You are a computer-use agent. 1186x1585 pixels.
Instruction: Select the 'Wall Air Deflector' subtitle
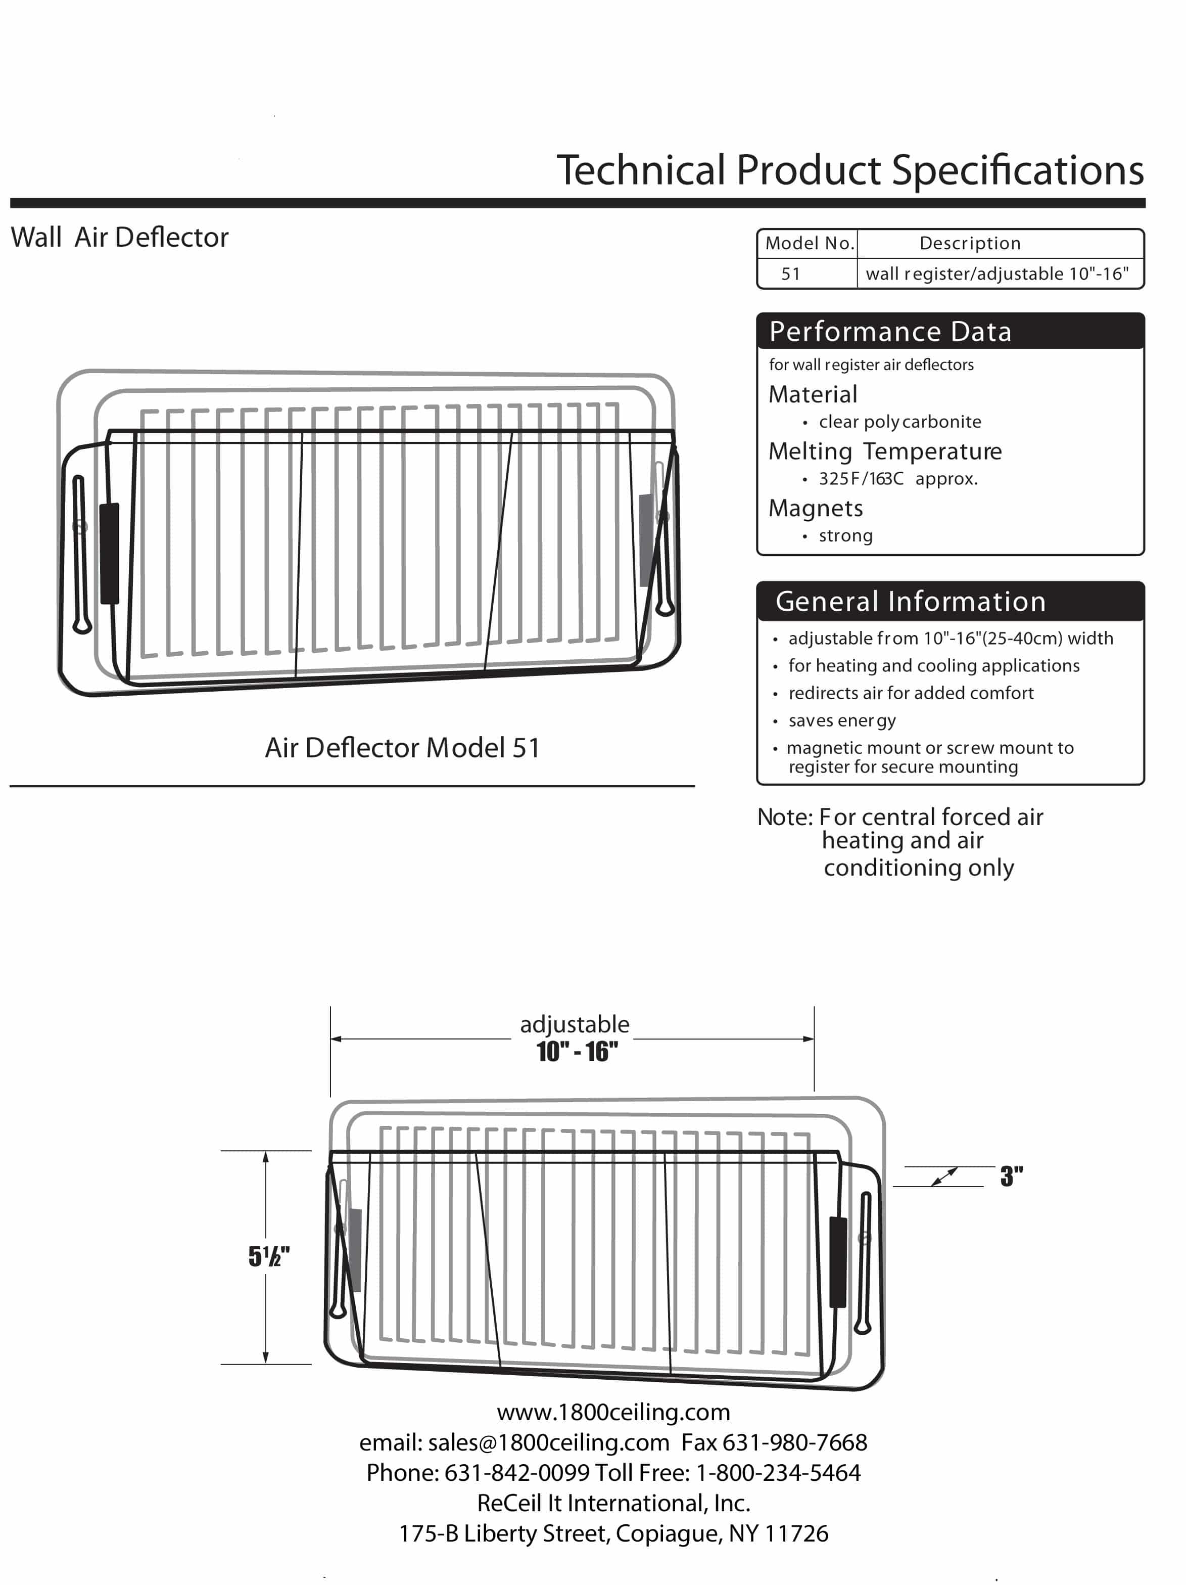(120, 237)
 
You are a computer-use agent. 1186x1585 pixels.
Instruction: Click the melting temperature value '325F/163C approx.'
(897, 479)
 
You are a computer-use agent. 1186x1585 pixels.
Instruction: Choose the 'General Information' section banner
(910, 601)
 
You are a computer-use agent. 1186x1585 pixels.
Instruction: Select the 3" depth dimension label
(1011, 1176)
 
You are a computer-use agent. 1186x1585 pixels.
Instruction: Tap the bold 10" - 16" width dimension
(577, 1052)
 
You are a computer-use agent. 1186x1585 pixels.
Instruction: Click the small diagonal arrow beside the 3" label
(944, 1176)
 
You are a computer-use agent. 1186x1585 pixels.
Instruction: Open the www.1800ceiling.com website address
(613, 1412)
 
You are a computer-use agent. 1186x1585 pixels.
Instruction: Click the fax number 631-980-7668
(794, 1442)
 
